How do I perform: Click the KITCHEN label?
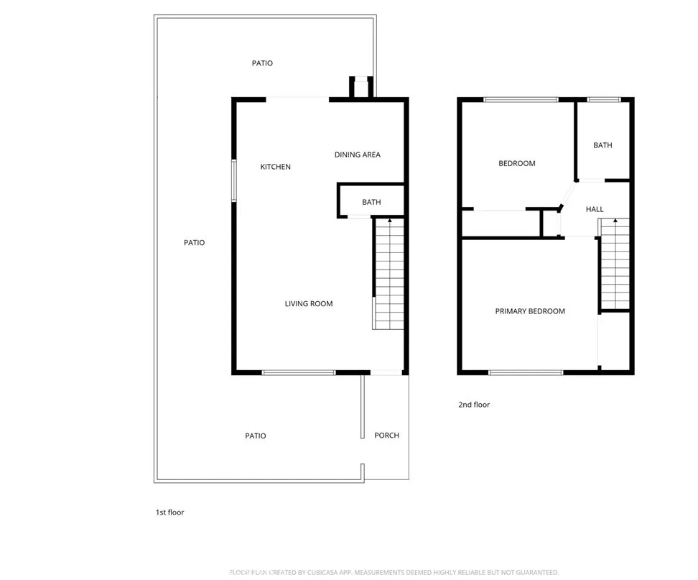click(x=275, y=167)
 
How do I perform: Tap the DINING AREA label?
click(x=358, y=155)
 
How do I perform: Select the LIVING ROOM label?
click(x=309, y=304)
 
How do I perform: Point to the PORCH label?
click(x=387, y=436)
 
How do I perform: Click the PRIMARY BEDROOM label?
click(x=530, y=311)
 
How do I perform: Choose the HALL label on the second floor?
click(x=595, y=209)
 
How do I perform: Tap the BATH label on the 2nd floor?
click(x=602, y=145)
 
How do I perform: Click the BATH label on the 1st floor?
click(x=371, y=202)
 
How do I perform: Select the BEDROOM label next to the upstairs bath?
click(x=517, y=163)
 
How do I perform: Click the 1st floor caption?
click(x=170, y=512)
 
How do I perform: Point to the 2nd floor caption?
click(x=474, y=405)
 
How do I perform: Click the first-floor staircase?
click(x=388, y=274)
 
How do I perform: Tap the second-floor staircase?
click(x=615, y=264)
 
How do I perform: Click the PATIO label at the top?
click(x=262, y=63)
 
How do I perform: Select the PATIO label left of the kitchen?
click(x=194, y=243)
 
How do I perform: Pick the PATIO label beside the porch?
click(x=255, y=436)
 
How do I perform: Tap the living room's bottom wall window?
click(x=299, y=372)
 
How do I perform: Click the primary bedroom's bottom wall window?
click(x=526, y=372)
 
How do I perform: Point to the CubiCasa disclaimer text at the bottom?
click(x=394, y=572)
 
